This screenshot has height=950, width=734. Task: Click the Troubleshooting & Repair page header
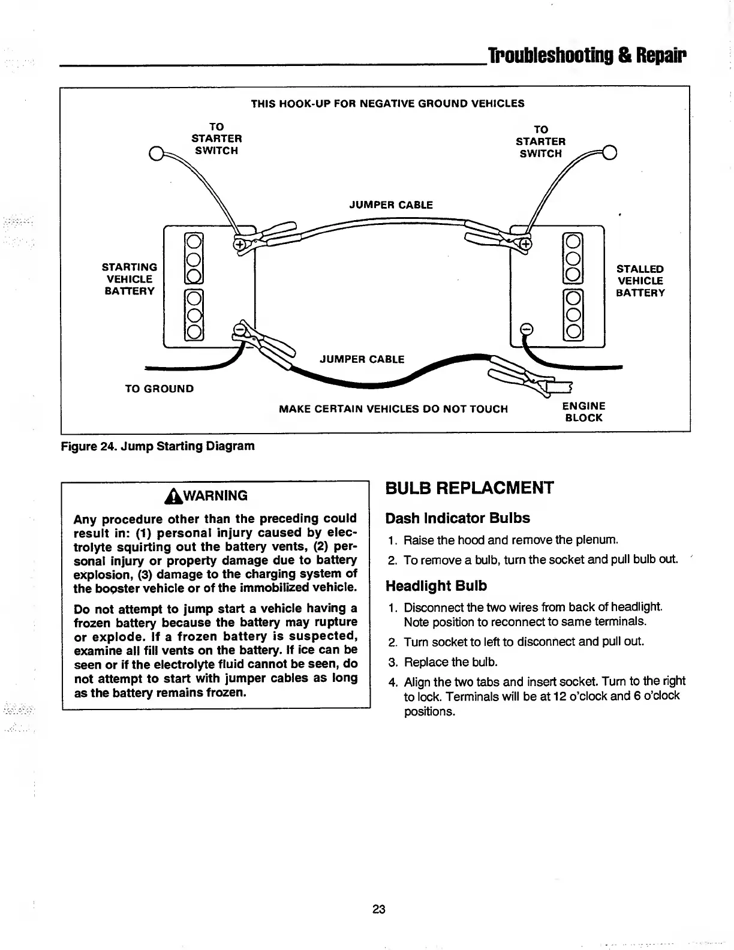click(587, 56)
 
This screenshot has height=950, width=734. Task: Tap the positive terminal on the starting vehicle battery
click(239, 245)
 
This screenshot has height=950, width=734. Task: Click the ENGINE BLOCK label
click(583, 412)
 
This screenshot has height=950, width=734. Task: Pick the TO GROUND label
click(159, 389)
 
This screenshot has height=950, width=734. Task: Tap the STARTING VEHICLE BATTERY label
click(130, 279)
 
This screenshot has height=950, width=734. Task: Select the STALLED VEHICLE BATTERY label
click(640, 281)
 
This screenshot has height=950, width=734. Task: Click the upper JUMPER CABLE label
click(390, 205)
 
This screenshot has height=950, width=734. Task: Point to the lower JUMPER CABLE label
click(362, 359)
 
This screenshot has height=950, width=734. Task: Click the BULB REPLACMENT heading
click(469, 488)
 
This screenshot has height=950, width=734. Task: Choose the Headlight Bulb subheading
click(436, 585)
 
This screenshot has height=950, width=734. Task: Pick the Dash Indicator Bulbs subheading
click(458, 518)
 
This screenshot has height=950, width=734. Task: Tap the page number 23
click(378, 909)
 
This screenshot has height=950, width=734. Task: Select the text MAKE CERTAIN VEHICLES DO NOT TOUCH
click(393, 409)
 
